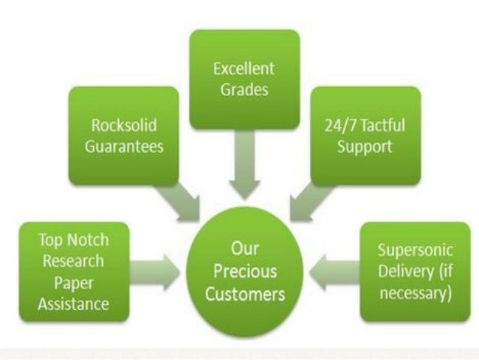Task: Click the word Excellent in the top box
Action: (244, 69)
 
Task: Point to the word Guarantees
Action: (124, 146)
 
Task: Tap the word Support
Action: (364, 146)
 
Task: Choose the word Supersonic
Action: (414, 249)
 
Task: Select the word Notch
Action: (89, 241)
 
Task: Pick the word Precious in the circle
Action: (243, 271)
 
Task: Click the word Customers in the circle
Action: (243, 292)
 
